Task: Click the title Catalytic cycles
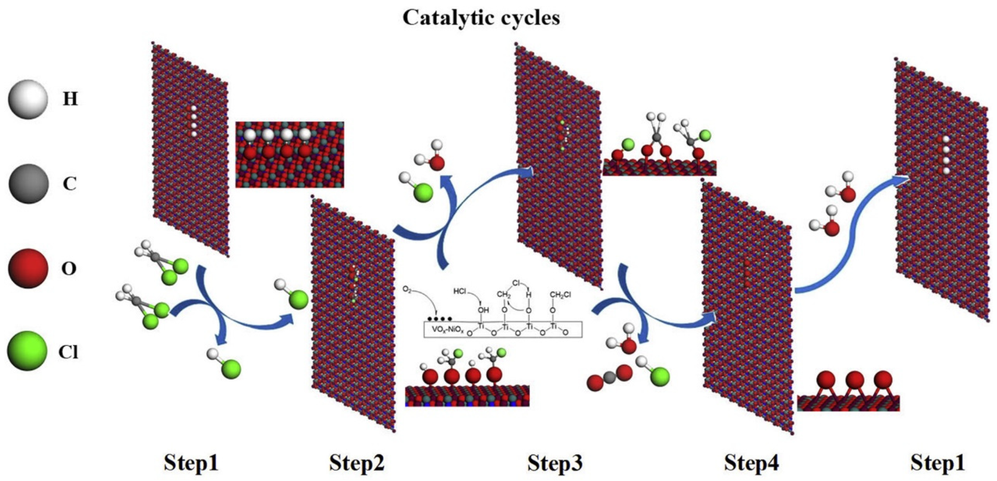[481, 18]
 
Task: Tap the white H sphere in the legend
[28, 100]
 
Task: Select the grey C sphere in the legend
[28, 184]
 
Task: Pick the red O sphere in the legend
[28, 268]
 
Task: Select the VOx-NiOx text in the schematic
[449, 331]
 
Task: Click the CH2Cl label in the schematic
[561, 295]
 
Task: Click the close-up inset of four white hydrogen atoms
[289, 155]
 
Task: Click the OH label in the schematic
[483, 310]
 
